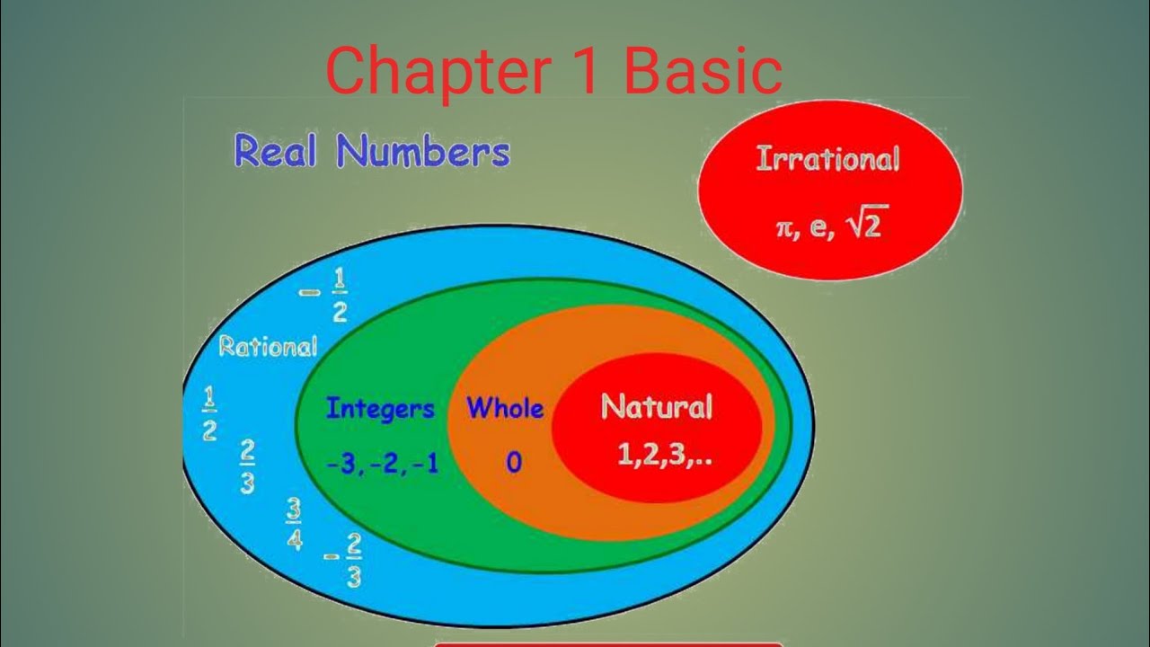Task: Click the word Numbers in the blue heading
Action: [423, 152]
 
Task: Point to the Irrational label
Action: [827, 160]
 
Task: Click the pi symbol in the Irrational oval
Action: [785, 228]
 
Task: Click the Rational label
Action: [268, 346]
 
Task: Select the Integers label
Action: [379, 409]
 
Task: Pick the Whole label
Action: [505, 409]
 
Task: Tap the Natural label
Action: [656, 407]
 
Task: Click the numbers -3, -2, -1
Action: [383, 464]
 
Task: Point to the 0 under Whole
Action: [513, 463]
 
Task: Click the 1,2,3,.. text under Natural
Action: [665, 456]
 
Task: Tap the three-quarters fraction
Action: [294, 523]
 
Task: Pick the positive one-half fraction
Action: [208, 414]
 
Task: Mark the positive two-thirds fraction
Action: [247, 467]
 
